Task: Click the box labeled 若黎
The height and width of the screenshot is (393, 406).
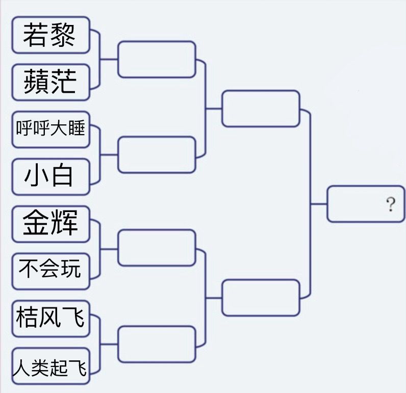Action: tap(51, 35)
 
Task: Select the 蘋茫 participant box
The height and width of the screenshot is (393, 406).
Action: tap(51, 82)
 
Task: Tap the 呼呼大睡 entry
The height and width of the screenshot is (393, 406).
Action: tap(51, 129)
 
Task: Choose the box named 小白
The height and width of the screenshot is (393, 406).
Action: tap(51, 176)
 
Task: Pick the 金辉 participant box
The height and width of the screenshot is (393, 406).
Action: tap(51, 224)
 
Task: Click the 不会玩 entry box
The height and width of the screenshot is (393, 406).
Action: tap(51, 271)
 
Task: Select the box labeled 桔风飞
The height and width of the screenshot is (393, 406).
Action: tap(51, 319)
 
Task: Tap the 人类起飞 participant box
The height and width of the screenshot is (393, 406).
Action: tap(51, 366)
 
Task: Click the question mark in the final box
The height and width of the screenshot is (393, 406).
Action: tap(391, 204)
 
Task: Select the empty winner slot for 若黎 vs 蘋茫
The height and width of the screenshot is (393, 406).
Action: tap(157, 59)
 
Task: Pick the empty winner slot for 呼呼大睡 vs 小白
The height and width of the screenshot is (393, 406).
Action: tap(157, 154)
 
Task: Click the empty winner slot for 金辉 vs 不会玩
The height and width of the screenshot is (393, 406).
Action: tap(157, 248)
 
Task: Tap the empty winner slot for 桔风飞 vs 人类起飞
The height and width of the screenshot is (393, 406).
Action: tap(157, 344)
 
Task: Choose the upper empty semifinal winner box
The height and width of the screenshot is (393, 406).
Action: tap(261, 109)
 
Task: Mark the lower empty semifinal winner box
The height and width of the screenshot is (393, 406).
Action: tap(261, 298)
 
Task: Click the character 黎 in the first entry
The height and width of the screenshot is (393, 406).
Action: tap(63, 35)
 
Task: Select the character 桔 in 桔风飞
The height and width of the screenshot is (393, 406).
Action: tap(27, 317)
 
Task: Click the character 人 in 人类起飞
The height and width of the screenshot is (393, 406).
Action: tap(21, 368)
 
